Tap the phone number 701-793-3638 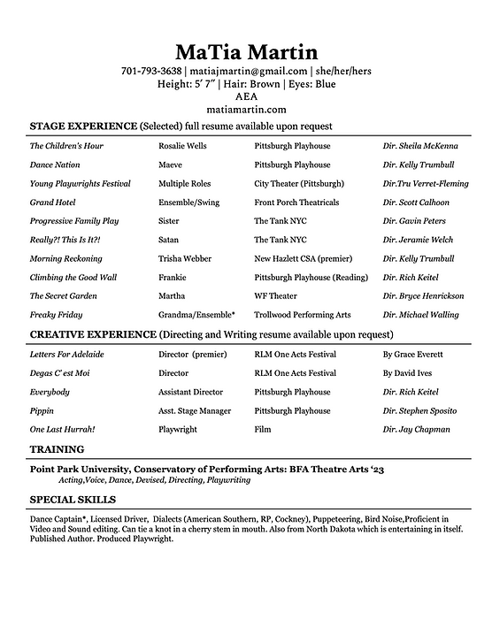(151, 72)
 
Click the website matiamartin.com (246, 109)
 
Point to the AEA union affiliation (246, 96)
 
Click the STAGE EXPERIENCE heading (83, 126)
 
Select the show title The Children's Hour (66, 146)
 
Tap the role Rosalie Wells (182, 146)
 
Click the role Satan (170, 240)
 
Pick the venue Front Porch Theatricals (296, 203)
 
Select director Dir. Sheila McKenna (420, 146)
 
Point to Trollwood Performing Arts (302, 315)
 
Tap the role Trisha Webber (186, 259)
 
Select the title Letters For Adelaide (66, 355)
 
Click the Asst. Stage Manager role (195, 411)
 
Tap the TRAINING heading (58, 449)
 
